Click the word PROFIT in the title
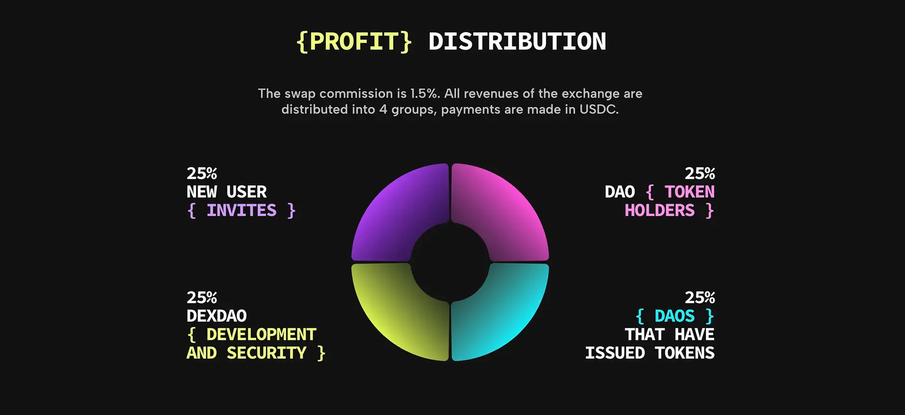[x=354, y=41]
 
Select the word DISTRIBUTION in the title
[x=517, y=41]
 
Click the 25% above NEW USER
[x=202, y=174]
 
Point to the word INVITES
[x=241, y=210]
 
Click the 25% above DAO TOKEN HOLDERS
[x=700, y=174]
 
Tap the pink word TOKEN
[x=690, y=192]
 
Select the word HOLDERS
[x=659, y=210]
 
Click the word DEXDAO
[x=217, y=316]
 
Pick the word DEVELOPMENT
[x=261, y=334]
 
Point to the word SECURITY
[x=266, y=353]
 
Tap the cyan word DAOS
[x=675, y=316]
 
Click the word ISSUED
[x=615, y=353]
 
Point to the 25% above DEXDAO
[x=202, y=298]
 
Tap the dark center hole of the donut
[x=450, y=262]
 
